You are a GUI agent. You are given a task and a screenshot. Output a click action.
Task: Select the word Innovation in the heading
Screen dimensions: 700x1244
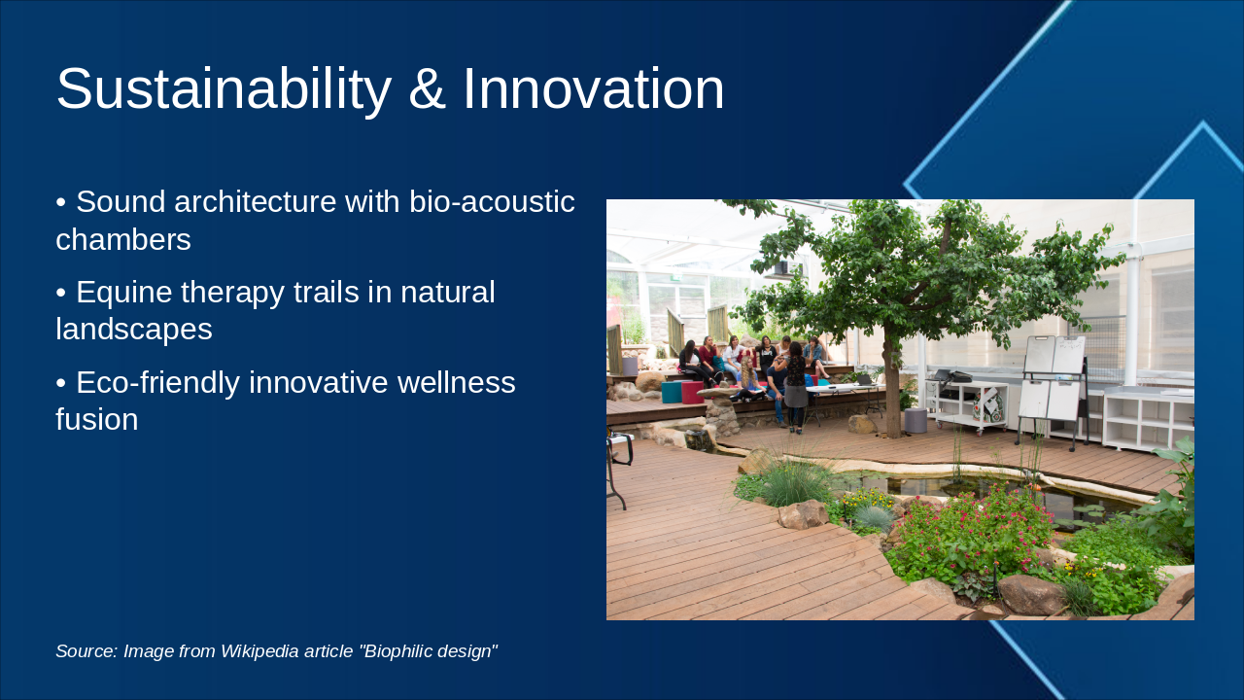(x=593, y=89)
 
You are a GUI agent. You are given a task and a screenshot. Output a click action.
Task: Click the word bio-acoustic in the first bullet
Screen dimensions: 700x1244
(x=492, y=202)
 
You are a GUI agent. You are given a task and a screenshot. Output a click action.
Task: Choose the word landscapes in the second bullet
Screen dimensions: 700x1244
(x=134, y=330)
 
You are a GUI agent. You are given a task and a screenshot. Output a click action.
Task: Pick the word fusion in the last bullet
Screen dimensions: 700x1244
(x=96, y=420)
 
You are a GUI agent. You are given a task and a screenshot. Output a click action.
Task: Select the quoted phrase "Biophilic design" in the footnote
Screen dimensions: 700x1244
(x=428, y=651)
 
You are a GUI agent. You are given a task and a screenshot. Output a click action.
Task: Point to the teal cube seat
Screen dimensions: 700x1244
(x=671, y=392)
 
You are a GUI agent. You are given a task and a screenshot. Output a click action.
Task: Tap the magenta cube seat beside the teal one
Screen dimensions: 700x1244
(x=692, y=392)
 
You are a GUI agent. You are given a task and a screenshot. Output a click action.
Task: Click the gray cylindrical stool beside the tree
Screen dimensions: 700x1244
(x=915, y=420)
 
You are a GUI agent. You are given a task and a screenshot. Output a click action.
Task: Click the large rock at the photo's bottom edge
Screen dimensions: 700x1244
(x=1032, y=595)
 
